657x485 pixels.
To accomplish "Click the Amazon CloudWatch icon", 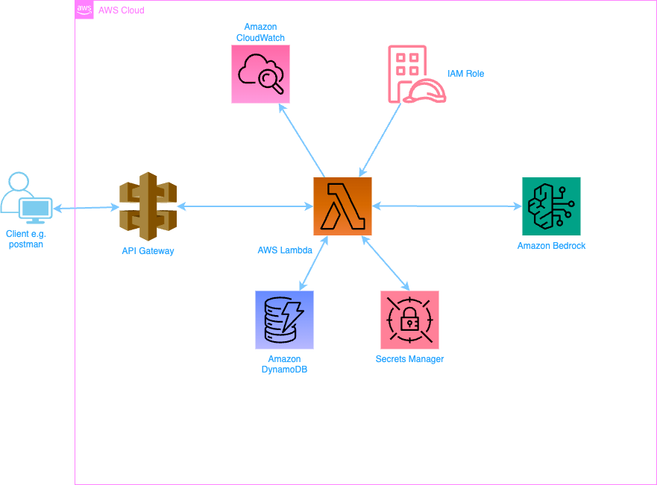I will [x=260, y=74].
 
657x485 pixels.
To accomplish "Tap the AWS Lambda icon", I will [x=342, y=206].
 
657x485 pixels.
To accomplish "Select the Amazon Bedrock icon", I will [x=551, y=206].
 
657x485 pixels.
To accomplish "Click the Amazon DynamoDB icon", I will [x=284, y=320].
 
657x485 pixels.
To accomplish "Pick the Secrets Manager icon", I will [x=409, y=320].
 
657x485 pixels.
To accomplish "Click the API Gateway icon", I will [x=148, y=206].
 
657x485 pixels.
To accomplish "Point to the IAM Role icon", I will [x=416, y=74].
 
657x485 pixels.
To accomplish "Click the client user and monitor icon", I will [x=26, y=199].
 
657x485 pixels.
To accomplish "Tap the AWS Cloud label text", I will [x=122, y=10].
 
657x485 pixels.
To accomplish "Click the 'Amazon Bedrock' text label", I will [x=551, y=245].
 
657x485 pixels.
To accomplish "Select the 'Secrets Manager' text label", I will [x=409, y=359].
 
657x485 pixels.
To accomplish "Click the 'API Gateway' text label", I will [x=148, y=251].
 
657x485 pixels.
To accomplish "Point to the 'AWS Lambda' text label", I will [x=285, y=250].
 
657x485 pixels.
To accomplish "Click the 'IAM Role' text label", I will [x=466, y=74].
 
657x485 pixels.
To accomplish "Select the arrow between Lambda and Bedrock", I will [x=447, y=206].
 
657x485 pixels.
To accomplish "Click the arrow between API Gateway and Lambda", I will [x=245, y=206].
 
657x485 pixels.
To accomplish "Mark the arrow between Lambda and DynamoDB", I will [x=312, y=262].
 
